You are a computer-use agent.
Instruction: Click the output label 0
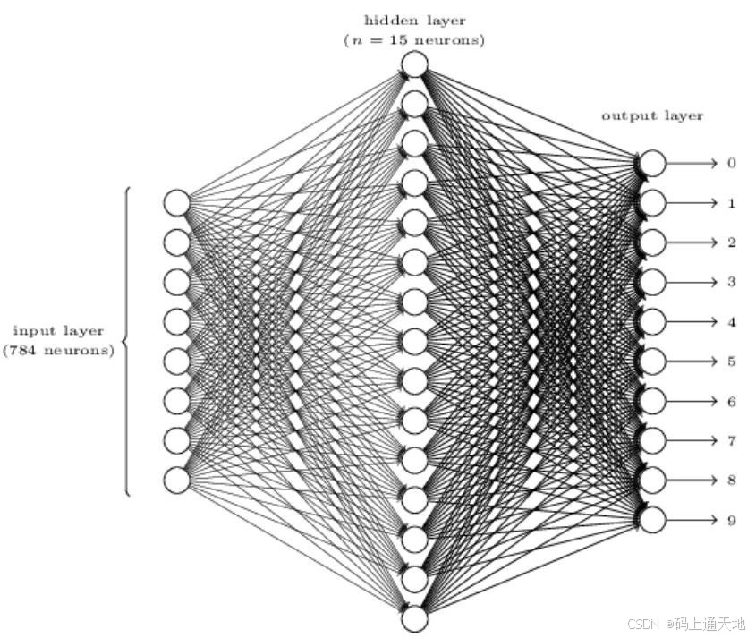(731, 163)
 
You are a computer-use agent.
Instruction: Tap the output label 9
(731, 520)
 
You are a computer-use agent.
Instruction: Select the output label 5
(731, 362)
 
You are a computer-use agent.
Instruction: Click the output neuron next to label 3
(653, 282)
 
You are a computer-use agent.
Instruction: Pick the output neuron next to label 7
(653, 440)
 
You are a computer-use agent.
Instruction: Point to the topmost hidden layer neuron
(414, 64)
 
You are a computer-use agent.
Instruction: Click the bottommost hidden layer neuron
(414, 619)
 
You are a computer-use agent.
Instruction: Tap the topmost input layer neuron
(176, 203)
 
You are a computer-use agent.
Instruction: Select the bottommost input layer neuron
(176, 480)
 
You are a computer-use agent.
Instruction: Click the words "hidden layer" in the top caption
(414, 21)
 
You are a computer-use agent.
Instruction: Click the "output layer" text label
(652, 115)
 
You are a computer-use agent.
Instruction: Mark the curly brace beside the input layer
(126, 341)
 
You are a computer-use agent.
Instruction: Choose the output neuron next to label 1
(653, 203)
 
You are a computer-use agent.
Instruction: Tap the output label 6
(731, 402)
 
